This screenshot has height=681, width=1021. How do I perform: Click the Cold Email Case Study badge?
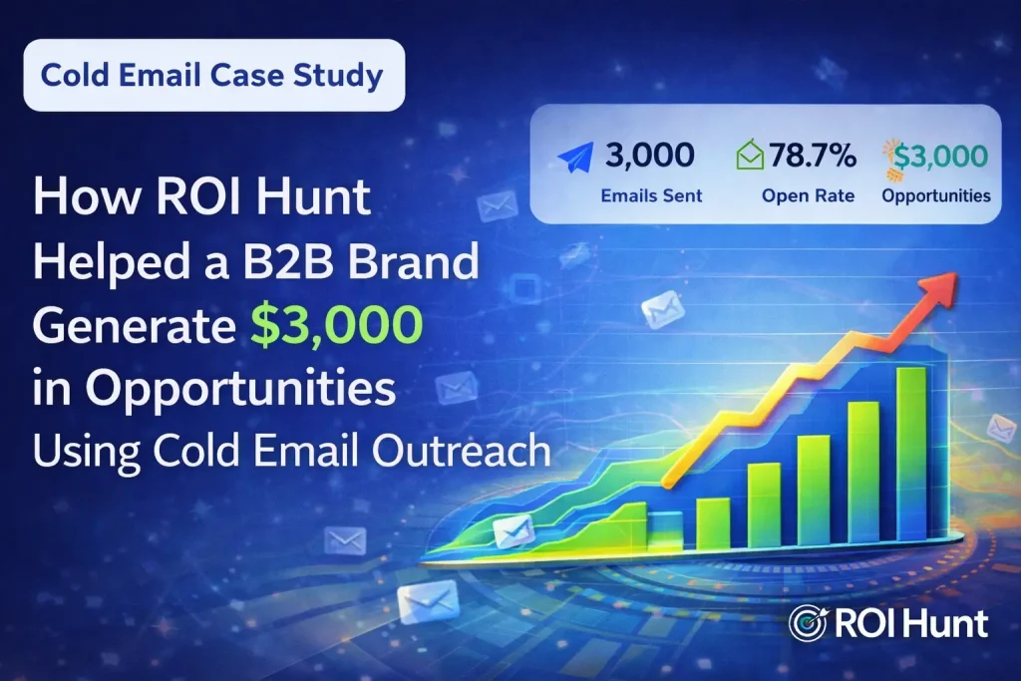click(x=214, y=76)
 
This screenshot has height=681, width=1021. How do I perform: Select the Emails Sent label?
click(x=651, y=195)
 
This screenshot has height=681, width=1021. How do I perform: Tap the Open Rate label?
click(x=808, y=195)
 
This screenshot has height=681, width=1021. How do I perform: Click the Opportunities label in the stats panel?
click(x=936, y=195)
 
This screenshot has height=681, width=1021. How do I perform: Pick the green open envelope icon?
click(x=751, y=157)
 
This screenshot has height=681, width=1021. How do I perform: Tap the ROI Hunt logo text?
click(x=912, y=623)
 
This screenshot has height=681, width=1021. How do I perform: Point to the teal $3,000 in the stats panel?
click(x=941, y=156)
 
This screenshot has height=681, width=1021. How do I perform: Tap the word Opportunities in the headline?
click(x=240, y=391)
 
